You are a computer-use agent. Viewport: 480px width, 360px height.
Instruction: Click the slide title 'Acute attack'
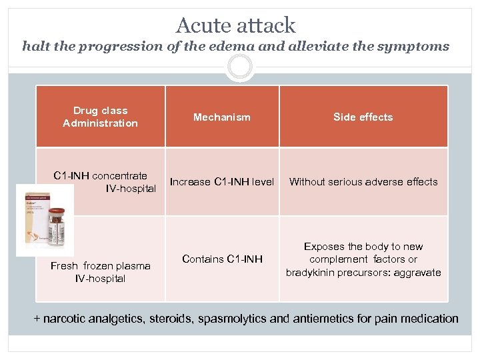coord(235,25)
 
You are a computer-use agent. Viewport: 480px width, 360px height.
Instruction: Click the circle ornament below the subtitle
coord(239,67)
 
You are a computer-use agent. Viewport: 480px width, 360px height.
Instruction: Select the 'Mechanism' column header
coord(222,117)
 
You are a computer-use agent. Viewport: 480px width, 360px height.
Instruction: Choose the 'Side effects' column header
coord(363,117)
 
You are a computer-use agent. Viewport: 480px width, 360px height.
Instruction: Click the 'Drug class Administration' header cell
coord(100,117)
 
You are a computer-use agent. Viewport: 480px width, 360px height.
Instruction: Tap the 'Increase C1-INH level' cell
coord(222,181)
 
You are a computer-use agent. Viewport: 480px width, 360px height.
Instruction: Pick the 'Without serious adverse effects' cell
coord(363,181)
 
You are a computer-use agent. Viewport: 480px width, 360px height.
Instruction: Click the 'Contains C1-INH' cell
coord(222,259)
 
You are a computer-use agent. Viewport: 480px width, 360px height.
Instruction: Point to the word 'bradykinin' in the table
coord(311,272)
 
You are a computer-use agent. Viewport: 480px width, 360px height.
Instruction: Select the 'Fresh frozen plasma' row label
coord(100,266)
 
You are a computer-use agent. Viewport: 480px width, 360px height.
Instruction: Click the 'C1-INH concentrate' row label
coord(100,176)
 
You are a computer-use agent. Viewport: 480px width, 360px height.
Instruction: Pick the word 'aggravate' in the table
coord(418,272)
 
